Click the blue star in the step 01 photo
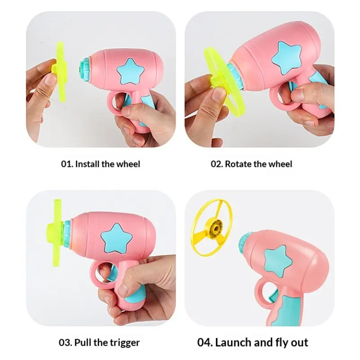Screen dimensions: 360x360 coord(130,72)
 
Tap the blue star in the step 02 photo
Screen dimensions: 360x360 coord(286,57)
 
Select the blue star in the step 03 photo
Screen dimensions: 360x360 coord(117,238)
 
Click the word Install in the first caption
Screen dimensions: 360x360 coord(87,164)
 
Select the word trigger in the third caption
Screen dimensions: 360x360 coord(125,343)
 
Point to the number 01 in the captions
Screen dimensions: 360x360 coord(67,164)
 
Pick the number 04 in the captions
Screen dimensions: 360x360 coord(205,342)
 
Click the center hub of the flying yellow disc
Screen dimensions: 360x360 coord(215,228)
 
